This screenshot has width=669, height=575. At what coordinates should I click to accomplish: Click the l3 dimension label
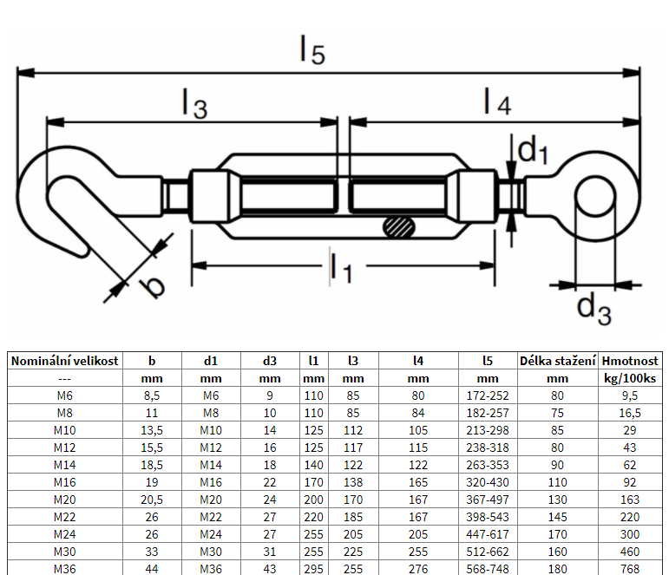[x=194, y=103]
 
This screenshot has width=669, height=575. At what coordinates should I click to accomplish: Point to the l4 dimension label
[x=496, y=103]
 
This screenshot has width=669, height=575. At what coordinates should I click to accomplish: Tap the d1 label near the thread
[x=533, y=153]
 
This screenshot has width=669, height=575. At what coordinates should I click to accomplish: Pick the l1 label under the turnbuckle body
[x=339, y=269]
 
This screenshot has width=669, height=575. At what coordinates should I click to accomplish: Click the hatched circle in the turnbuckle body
[x=399, y=226]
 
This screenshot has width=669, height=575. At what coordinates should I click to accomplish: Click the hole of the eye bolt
[x=594, y=195]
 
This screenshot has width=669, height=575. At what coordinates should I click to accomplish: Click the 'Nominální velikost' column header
[x=64, y=361]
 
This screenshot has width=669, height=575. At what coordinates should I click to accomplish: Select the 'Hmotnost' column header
[x=630, y=361]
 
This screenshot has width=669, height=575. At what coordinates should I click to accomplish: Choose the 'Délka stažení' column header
[x=557, y=361]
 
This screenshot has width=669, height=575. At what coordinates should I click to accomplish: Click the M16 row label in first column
[x=64, y=482]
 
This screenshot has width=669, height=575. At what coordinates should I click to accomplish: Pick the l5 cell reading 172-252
[x=488, y=395]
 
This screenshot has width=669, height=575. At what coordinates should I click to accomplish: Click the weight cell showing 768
[x=630, y=569]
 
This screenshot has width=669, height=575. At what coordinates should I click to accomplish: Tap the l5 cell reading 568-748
[x=488, y=569]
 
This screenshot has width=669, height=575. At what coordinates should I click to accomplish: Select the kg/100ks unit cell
[x=630, y=378]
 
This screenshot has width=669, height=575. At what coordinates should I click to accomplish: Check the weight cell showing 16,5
[x=630, y=413]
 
